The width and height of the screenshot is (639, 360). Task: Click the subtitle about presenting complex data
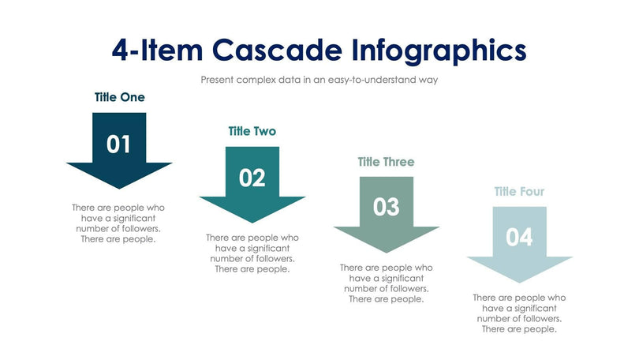pyautogui.click(x=319, y=80)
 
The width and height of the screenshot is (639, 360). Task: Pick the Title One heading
pyautogui.click(x=119, y=98)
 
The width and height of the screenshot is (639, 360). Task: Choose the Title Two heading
pyautogui.click(x=252, y=131)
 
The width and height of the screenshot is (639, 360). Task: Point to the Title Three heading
pyautogui.click(x=386, y=162)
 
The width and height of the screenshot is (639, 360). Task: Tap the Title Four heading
pyautogui.click(x=519, y=192)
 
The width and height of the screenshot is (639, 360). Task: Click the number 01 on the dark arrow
pyautogui.click(x=119, y=144)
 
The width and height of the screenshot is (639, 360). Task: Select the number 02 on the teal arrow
pyautogui.click(x=252, y=178)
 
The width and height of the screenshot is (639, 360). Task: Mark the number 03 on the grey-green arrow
pyautogui.click(x=386, y=208)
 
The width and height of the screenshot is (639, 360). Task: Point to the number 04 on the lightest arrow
pyautogui.click(x=519, y=238)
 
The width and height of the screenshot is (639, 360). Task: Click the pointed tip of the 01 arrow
pyautogui.click(x=119, y=187)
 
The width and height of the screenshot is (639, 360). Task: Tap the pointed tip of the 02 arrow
pyautogui.click(x=252, y=221)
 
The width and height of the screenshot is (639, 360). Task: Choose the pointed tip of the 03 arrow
pyautogui.click(x=386, y=251)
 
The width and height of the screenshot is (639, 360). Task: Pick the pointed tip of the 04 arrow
pyautogui.click(x=519, y=281)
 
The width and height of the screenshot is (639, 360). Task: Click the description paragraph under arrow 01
pyautogui.click(x=118, y=223)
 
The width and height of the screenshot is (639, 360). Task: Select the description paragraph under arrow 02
pyautogui.click(x=252, y=253)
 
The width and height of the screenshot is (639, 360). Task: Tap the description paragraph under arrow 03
pyautogui.click(x=386, y=283)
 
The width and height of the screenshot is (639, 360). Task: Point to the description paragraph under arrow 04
pyautogui.click(x=519, y=313)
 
